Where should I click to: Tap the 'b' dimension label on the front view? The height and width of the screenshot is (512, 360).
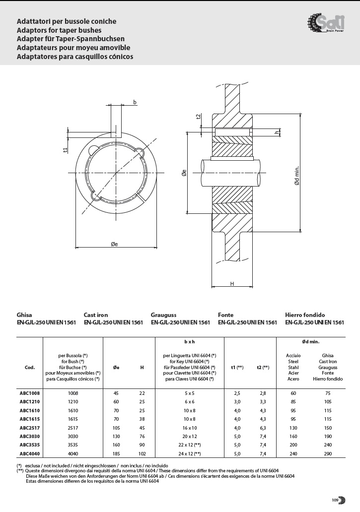(135, 102)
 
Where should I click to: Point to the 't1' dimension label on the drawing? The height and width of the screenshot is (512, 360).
(65, 149)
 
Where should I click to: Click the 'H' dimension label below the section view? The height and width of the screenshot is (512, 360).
(232, 284)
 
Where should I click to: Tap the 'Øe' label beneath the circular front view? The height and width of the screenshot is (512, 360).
(114, 244)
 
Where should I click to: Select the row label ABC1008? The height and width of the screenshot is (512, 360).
(29, 393)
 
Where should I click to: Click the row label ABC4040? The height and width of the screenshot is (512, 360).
(29, 453)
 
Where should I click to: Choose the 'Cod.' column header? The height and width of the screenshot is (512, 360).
(29, 367)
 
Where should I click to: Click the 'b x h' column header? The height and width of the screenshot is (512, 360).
(190, 342)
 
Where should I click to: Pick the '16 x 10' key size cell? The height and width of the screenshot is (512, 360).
(190, 428)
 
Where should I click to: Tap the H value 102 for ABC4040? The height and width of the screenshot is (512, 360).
(142, 453)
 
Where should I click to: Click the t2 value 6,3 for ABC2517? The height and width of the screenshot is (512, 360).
(263, 428)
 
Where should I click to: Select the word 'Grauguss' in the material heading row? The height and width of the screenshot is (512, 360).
(164, 315)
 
